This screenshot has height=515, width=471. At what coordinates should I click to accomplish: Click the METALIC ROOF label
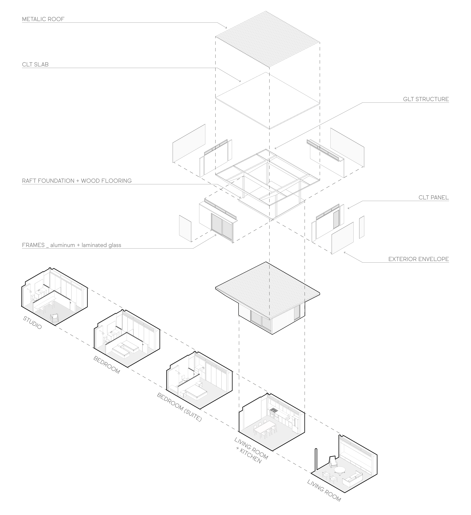click(x=43, y=19)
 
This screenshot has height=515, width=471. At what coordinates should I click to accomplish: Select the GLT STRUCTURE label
click(x=426, y=99)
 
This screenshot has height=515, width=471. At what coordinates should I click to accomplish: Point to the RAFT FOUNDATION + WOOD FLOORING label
click(x=77, y=181)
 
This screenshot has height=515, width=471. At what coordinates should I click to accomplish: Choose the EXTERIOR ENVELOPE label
click(x=418, y=259)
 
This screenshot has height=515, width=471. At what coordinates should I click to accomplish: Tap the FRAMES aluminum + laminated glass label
click(x=72, y=245)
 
